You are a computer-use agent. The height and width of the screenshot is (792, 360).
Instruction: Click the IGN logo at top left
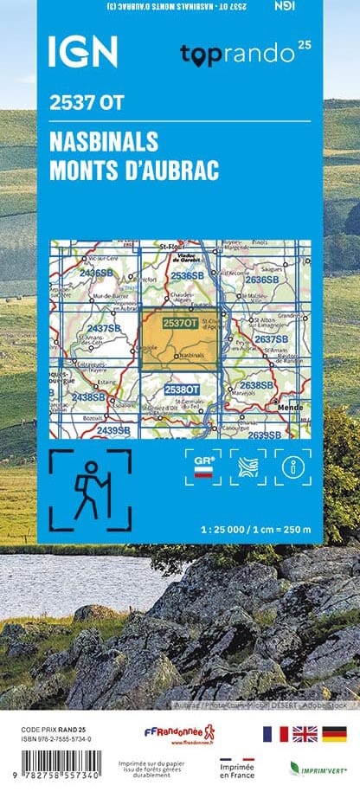click(x=83, y=53)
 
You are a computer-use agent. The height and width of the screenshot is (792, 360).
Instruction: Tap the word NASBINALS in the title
click(x=104, y=142)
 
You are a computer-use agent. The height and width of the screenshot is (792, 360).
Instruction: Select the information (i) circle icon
click(x=292, y=467)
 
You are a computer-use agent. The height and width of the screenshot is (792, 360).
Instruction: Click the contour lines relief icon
click(x=247, y=467)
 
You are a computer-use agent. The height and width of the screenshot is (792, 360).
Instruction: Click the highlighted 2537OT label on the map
click(x=179, y=324)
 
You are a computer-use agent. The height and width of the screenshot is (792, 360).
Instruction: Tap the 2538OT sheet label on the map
click(x=182, y=390)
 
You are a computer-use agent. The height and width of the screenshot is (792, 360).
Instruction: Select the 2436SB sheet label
click(x=95, y=274)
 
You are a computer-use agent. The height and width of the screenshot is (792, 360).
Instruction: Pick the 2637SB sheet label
click(x=271, y=339)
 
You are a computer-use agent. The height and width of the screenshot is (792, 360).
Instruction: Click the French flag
click(x=275, y=734)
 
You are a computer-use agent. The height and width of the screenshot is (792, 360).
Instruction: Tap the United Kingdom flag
click(x=305, y=734)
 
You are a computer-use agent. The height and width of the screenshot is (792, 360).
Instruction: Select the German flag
click(x=334, y=734)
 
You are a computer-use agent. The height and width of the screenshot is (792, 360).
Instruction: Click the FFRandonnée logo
click(x=179, y=735)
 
